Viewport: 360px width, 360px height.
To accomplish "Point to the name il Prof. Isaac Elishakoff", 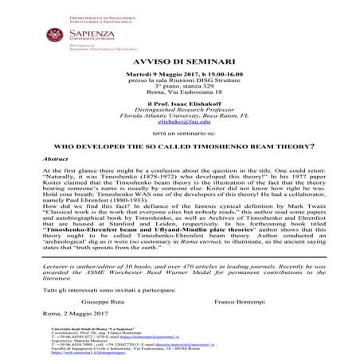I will tap(179, 106).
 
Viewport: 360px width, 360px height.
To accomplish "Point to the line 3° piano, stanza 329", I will tap(179, 87).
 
